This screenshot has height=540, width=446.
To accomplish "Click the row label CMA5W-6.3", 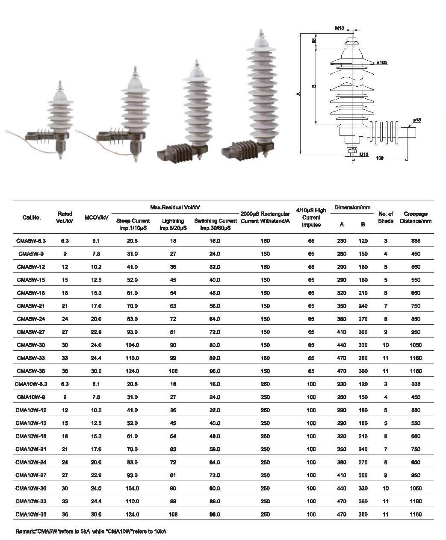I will [x=31, y=241].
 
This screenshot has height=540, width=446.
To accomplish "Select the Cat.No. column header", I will [x=31, y=217].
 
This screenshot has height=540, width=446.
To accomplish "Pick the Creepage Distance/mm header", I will [x=416, y=217].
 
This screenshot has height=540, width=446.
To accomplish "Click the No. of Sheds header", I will [x=386, y=217].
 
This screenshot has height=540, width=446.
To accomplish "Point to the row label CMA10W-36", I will [x=31, y=514].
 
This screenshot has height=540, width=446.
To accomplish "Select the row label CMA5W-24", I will [x=31, y=319].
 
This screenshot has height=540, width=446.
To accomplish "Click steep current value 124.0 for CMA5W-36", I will [x=132, y=371].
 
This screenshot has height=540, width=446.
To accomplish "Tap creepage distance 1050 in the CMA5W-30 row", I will [x=416, y=345].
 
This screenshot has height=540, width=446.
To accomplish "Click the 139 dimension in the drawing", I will [x=379, y=158].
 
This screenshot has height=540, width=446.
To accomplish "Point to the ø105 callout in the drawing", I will [x=381, y=63].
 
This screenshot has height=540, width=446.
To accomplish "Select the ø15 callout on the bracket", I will [x=417, y=120].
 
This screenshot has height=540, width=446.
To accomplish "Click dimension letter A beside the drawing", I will [x=298, y=94].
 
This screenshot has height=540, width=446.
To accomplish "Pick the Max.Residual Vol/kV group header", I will [x=175, y=207].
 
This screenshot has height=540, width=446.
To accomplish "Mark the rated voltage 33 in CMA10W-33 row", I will [x=65, y=502].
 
